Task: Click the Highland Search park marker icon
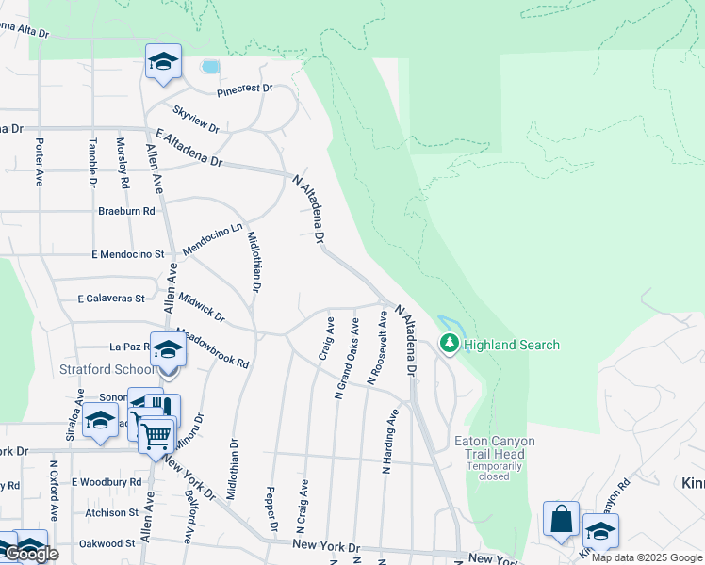coord(450,345)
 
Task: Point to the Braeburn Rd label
coord(126,211)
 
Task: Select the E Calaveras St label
coord(111,299)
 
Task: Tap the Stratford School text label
coord(107,368)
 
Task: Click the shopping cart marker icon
coord(156,435)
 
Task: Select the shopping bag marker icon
coord(562,520)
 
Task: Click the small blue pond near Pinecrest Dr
coord(210,67)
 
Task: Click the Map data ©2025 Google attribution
coord(648,558)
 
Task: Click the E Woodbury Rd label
coord(107,482)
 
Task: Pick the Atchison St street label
coord(111,513)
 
